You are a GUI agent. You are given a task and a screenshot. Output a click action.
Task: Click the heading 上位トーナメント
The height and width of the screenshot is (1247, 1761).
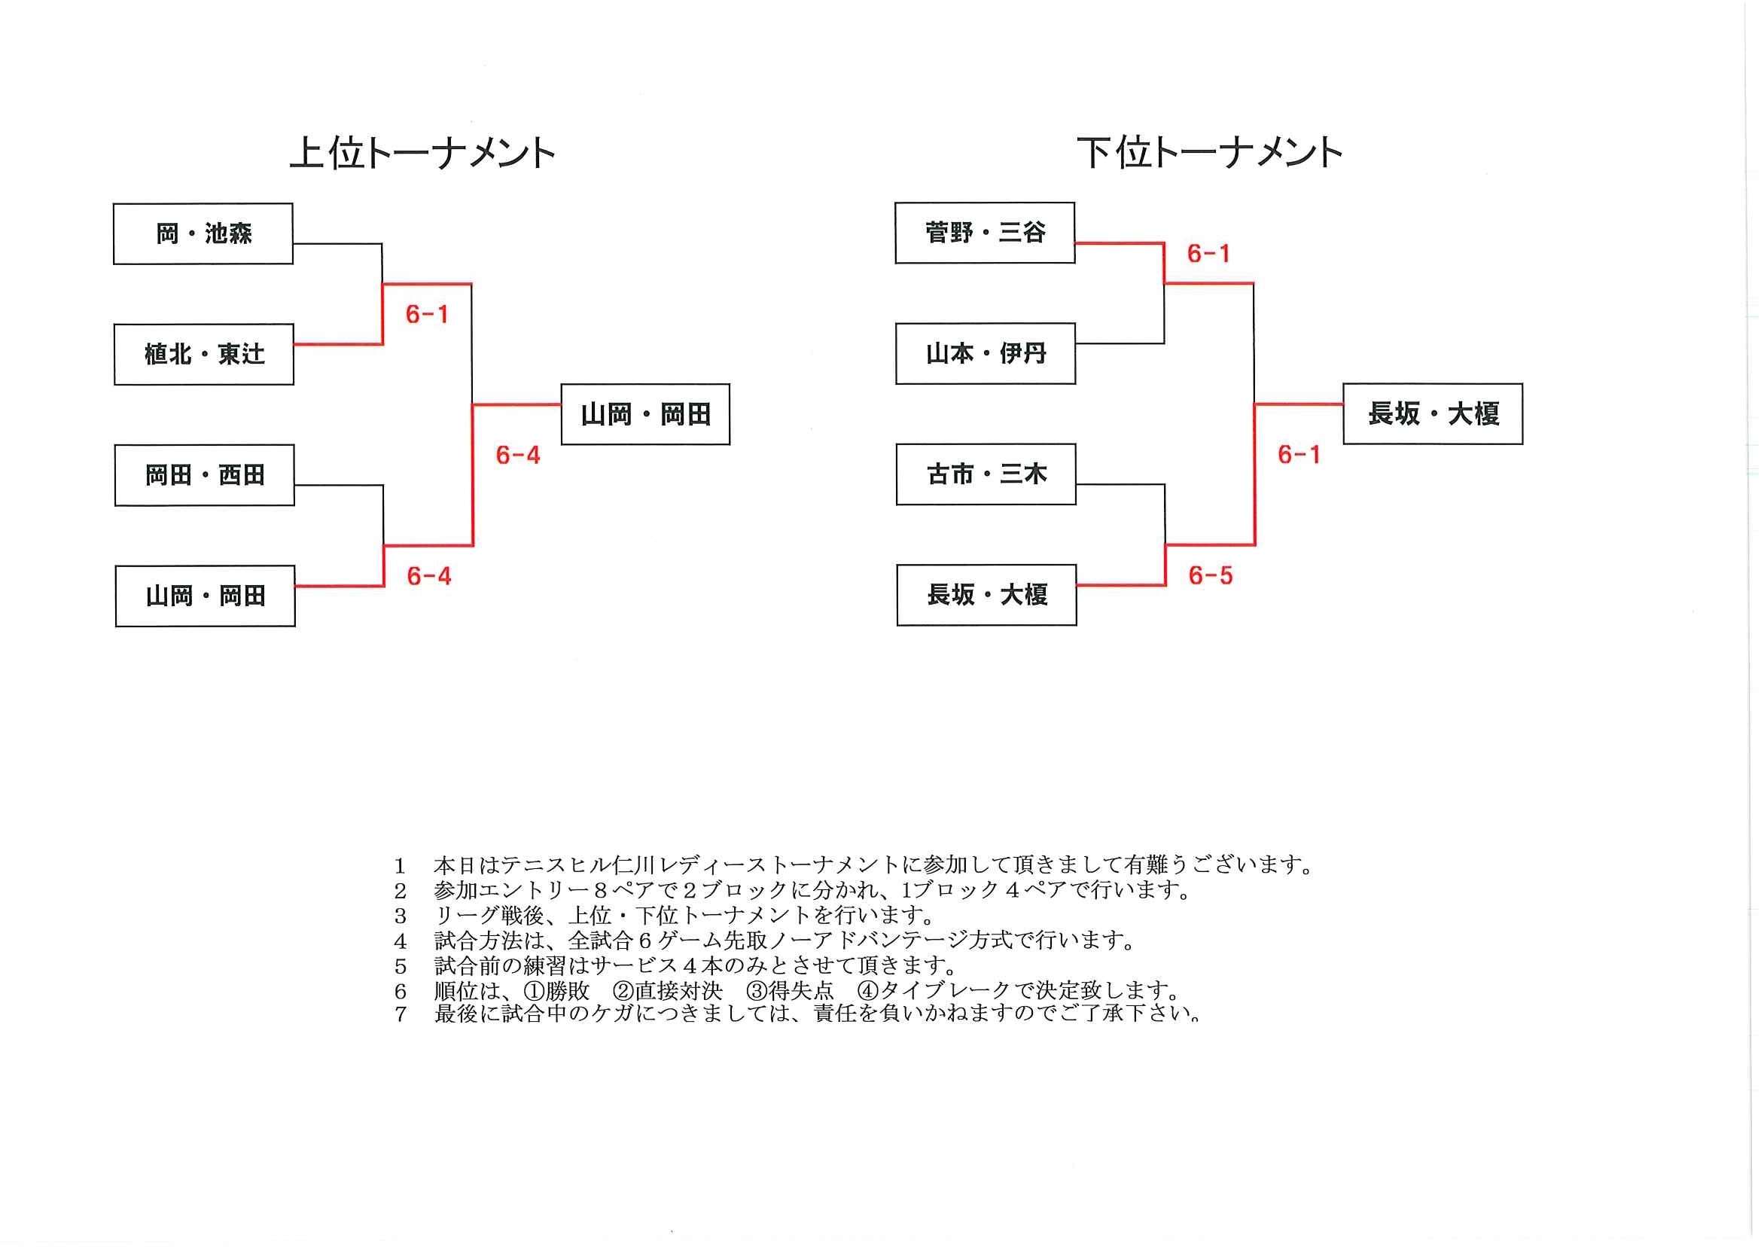click(422, 153)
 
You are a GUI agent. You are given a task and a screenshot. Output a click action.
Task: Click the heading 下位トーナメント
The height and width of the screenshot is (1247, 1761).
click(1209, 153)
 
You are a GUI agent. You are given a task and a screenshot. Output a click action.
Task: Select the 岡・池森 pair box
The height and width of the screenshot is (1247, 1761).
click(203, 233)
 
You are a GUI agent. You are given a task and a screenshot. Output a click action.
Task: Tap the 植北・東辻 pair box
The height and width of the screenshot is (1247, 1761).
click(204, 354)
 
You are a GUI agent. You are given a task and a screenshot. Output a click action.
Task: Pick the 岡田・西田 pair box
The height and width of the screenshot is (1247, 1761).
click(205, 475)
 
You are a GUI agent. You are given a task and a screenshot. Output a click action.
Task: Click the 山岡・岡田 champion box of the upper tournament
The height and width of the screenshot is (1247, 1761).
click(645, 415)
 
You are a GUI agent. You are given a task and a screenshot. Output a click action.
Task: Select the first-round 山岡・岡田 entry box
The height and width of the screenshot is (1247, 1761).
click(206, 596)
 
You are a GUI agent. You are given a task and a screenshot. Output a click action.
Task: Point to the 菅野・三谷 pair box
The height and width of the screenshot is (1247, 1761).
click(985, 233)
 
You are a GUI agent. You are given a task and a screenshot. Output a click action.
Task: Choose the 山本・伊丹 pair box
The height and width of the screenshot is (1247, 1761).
click(986, 353)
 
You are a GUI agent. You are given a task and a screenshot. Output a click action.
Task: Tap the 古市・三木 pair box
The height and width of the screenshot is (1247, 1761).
click(986, 474)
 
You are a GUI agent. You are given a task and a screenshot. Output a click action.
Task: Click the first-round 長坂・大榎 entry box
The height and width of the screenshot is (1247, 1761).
click(987, 595)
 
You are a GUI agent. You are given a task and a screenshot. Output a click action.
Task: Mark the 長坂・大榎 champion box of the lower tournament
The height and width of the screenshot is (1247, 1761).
click(1433, 414)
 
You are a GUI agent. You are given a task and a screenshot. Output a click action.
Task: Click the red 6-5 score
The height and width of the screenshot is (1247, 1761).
click(1211, 575)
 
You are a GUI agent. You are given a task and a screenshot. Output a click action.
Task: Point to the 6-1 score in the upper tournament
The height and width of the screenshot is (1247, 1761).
click(427, 314)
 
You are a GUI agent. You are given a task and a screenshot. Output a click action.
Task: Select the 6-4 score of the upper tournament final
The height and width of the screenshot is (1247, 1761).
click(518, 456)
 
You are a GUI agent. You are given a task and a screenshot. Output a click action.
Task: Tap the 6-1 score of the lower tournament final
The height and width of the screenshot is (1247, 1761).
click(1299, 455)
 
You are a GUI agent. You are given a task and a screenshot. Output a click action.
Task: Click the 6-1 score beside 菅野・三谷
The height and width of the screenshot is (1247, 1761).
click(1208, 254)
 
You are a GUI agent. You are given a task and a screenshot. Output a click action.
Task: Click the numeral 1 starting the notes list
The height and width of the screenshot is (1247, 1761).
click(400, 866)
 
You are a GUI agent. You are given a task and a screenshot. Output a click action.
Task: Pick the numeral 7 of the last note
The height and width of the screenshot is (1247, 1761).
click(400, 1014)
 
